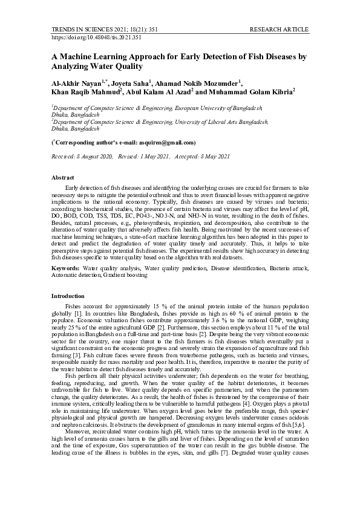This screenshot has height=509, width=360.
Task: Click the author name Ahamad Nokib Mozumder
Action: pyautogui.click(x=197, y=82)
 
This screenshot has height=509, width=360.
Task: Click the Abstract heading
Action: pyautogui.click(x=63, y=178)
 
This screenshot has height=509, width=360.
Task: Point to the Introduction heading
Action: pyautogui.click(x=68, y=296)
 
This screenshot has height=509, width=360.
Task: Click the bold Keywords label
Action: pyautogui.click(x=65, y=267)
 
